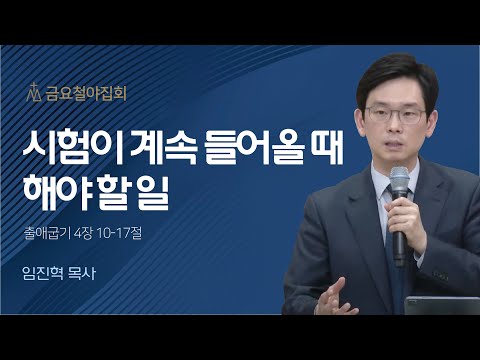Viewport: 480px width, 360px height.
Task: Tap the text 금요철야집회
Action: pos(85,96)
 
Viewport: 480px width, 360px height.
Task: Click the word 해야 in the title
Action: pos(59,192)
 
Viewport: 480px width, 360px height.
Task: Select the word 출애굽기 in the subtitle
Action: pos(55,237)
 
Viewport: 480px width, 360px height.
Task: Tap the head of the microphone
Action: pos(400,183)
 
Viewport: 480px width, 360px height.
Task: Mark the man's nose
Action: pos(393,124)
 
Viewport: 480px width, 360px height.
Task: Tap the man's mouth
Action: pos(392,143)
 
